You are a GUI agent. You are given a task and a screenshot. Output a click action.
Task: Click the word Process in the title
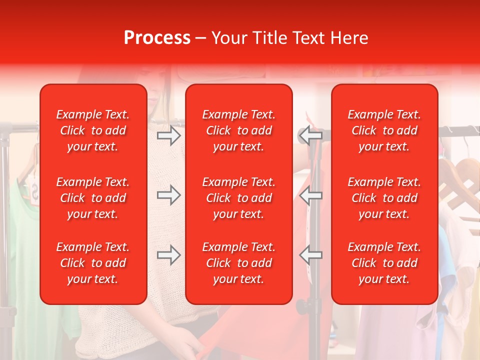click(157, 38)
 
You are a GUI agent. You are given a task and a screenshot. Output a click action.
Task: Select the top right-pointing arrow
click(168, 135)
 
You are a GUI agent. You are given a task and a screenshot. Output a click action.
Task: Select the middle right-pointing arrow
click(168, 195)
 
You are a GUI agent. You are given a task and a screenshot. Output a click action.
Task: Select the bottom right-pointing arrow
click(168, 255)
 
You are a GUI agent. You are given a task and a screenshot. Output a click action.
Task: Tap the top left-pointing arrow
click(310, 135)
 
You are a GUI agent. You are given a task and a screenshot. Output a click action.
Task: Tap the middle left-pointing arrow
click(310, 195)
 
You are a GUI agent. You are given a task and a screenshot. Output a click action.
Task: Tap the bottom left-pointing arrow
click(310, 255)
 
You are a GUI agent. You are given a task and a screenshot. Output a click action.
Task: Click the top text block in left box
click(93, 130)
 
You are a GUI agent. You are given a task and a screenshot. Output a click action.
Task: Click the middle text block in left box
click(93, 198)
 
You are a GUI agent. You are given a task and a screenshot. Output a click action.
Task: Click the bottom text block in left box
click(93, 263)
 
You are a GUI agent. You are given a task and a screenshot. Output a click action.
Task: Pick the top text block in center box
click(238, 130)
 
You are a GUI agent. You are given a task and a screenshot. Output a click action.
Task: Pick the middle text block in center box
click(238, 198)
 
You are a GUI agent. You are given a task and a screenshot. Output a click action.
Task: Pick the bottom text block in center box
click(238, 263)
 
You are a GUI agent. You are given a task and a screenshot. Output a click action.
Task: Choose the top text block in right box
click(384, 130)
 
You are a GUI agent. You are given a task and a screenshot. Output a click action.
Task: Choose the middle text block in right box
click(384, 198)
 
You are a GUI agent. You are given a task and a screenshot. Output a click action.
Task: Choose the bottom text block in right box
click(384, 263)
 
